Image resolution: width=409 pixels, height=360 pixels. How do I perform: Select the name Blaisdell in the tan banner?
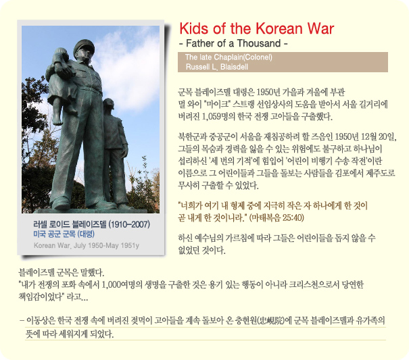(x=234, y=67)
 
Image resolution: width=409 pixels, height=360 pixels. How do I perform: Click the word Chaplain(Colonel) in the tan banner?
(x=247, y=57)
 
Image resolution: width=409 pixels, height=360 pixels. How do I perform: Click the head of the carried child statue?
(x=62, y=54)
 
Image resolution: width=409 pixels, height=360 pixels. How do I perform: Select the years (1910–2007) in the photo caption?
(x=129, y=224)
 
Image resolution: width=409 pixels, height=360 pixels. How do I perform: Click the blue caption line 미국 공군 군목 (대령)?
(x=64, y=234)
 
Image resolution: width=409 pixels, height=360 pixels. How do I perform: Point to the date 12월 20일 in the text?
(x=378, y=136)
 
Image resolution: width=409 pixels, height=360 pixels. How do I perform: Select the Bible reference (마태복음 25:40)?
(x=276, y=217)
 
